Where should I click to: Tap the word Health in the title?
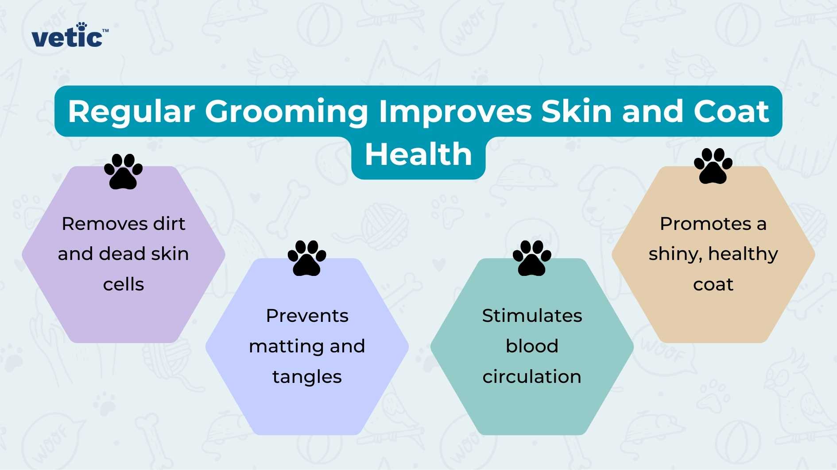pyautogui.click(x=418, y=154)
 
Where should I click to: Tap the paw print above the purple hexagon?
pyautogui.click(x=124, y=172)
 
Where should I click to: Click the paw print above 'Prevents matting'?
pyautogui.click(x=307, y=258)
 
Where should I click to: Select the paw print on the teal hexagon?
pyautogui.click(x=532, y=258)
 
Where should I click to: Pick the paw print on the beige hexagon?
pyautogui.click(x=713, y=166)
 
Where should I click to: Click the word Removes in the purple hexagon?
pyautogui.click(x=105, y=224)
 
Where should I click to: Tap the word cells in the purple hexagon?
pyautogui.click(x=124, y=284)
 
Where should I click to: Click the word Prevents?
pyautogui.click(x=307, y=316)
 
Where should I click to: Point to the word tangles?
pyautogui.click(x=307, y=377)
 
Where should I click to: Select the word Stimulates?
pyautogui.click(x=532, y=316)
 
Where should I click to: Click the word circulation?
pyautogui.click(x=532, y=377)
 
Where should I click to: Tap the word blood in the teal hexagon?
pyautogui.click(x=532, y=346)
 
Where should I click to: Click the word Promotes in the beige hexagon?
pyautogui.click(x=705, y=224)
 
